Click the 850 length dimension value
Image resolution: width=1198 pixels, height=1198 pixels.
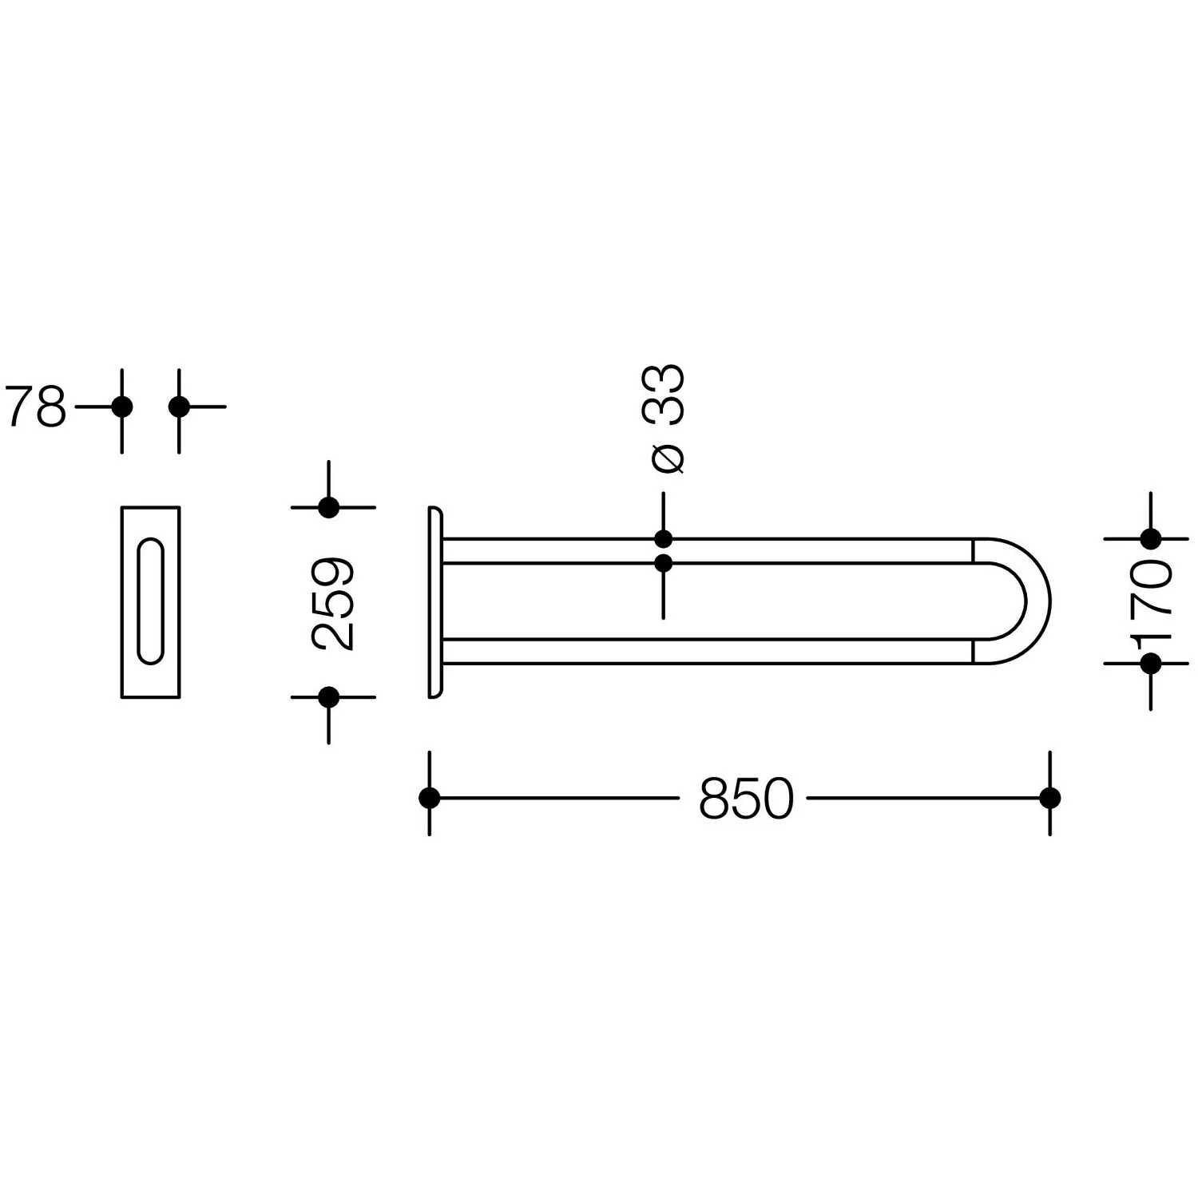[747, 798]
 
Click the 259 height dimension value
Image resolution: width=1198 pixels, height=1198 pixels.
[333, 604]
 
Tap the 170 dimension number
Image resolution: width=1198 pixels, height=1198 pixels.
[1151, 600]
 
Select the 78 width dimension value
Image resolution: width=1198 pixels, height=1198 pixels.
[36, 407]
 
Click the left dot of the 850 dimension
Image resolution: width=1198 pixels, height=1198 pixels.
[430, 798]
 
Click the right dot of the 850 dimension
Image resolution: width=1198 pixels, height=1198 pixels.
[1050, 798]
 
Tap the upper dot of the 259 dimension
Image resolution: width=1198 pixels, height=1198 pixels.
[329, 507]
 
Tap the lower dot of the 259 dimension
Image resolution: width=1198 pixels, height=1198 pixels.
[329, 697]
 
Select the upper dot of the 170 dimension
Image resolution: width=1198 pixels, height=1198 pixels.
[1151, 539]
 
